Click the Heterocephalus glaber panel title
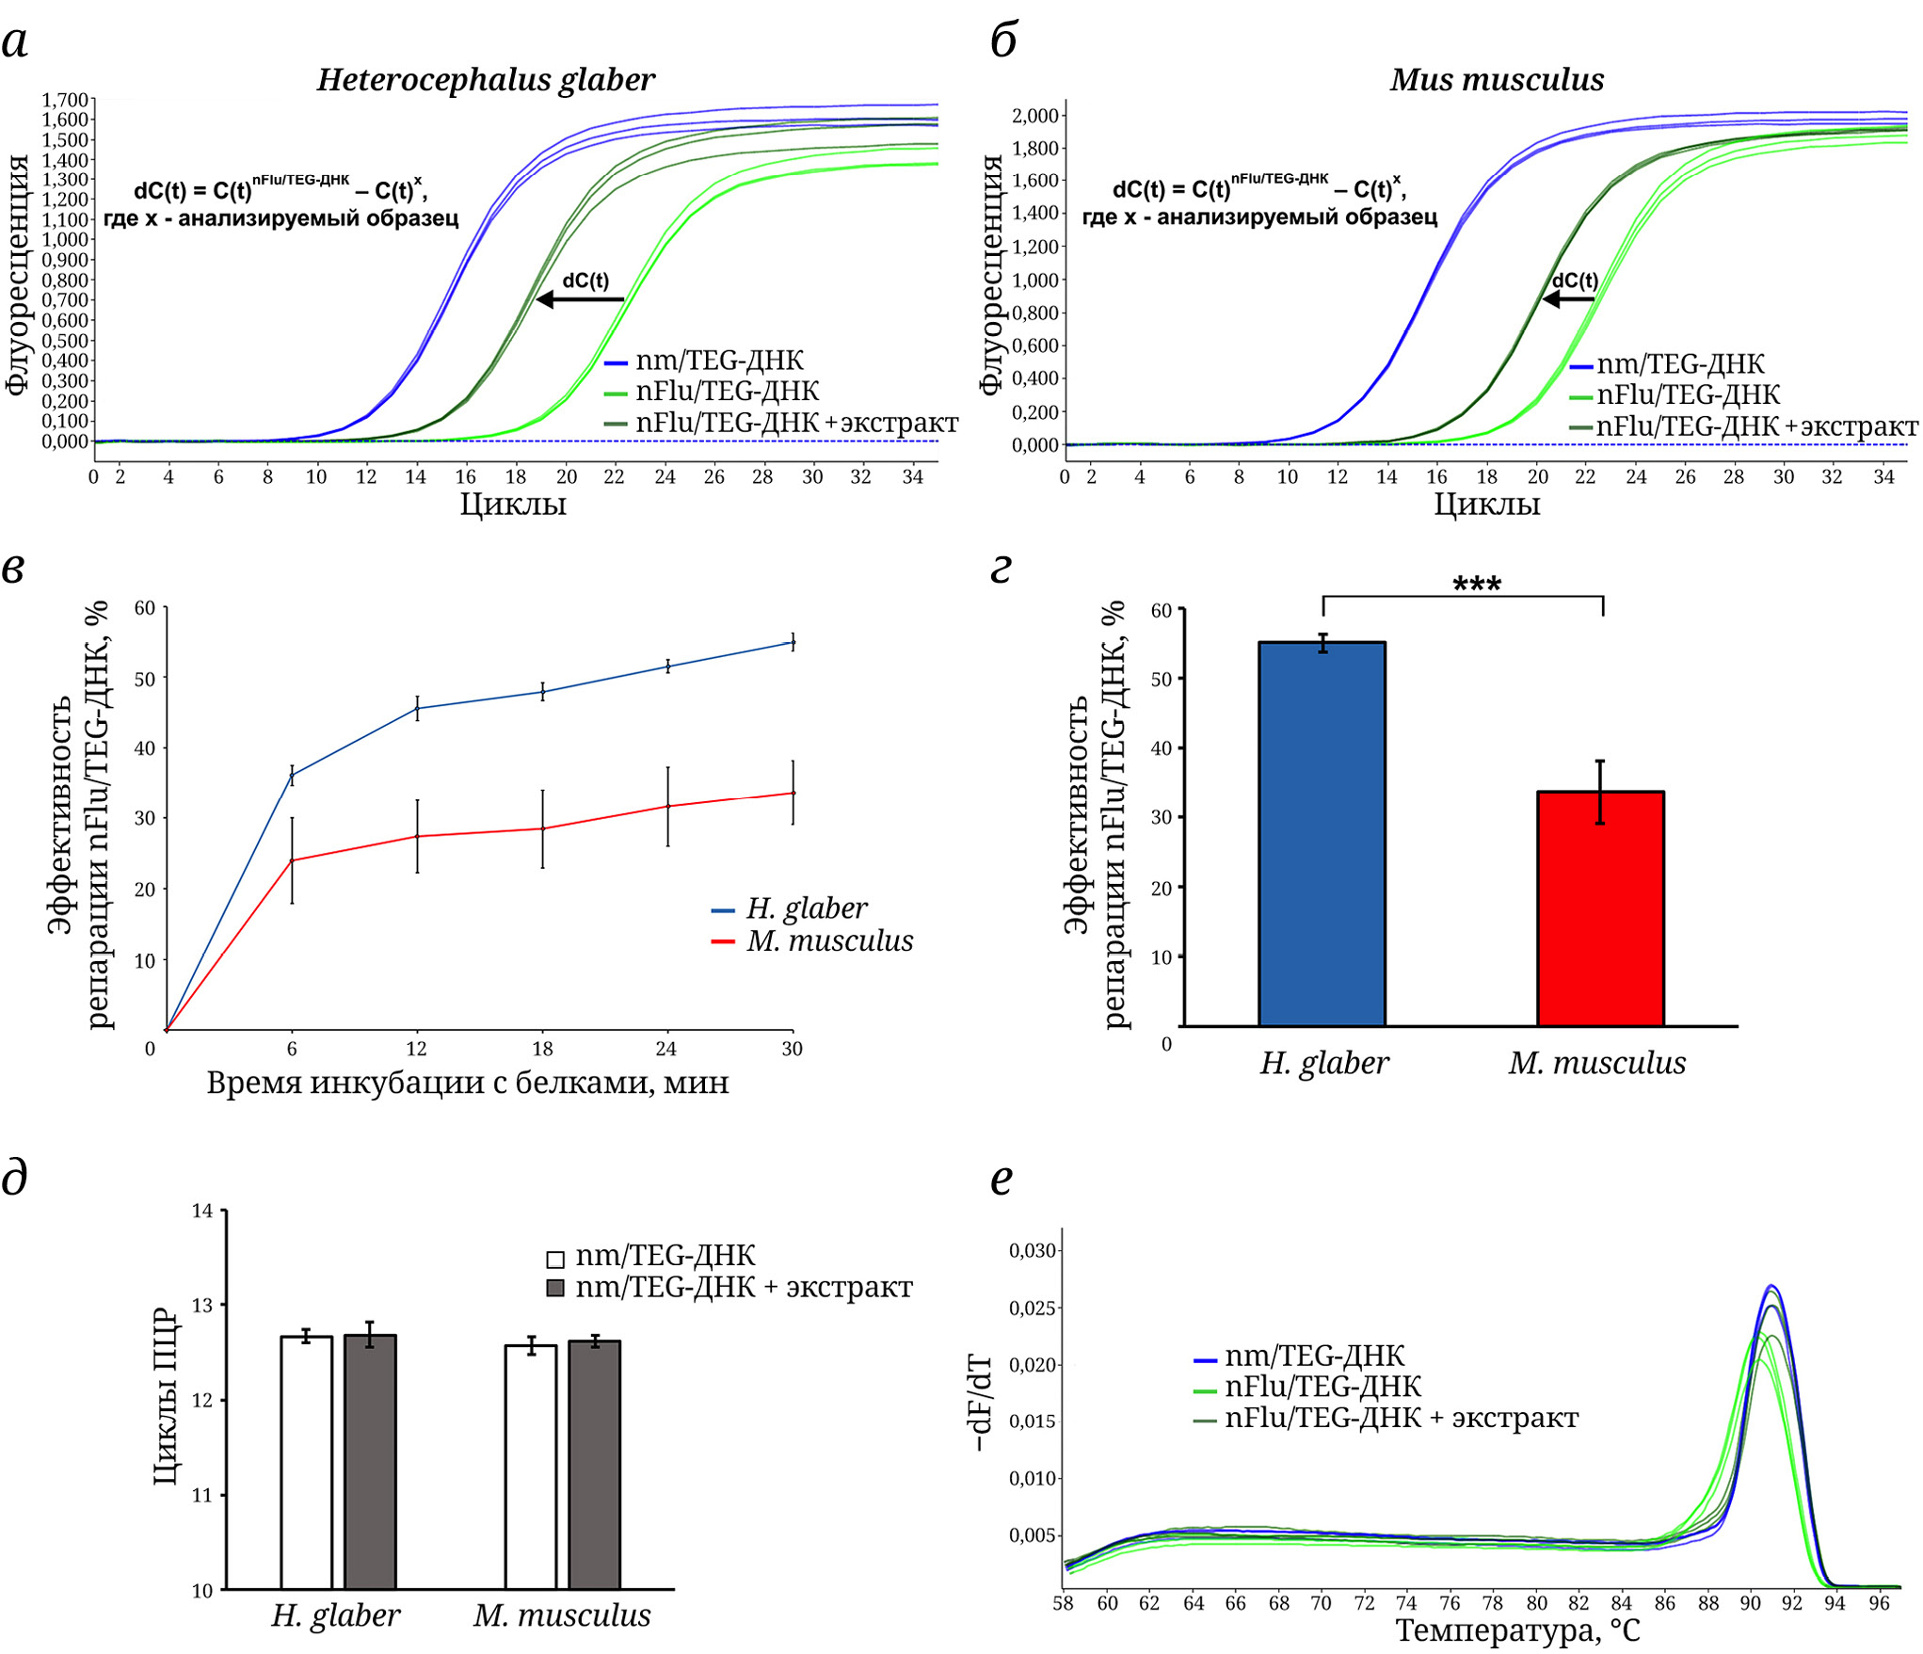[486, 80]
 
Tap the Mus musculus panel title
[1497, 80]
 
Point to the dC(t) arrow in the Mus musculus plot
[1568, 299]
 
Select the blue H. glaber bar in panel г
[1322, 833]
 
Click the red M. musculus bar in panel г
[1600, 908]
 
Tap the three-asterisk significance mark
[1476, 585]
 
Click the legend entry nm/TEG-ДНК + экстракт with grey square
[729, 1288]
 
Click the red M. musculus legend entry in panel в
[813, 941]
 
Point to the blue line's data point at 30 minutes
[793, 643]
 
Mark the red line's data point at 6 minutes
[292, 860]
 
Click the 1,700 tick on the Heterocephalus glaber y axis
[64, 100]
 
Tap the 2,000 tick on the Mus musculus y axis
[1035, 116]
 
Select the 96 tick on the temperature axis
[1879, 1604]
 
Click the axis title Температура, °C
[1517, 1631]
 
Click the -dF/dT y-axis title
[980, 1403]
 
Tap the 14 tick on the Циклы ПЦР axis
[202, 1211]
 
